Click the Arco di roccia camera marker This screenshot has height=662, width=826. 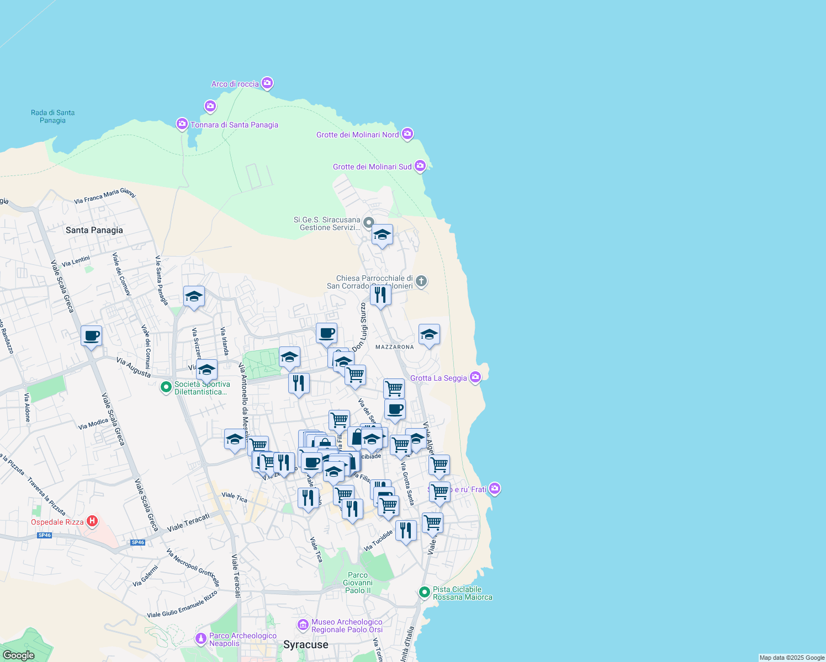tap(267, 83)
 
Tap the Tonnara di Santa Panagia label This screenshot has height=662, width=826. tap(234, 125)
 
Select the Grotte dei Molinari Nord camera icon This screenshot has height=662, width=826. tap(407, 134)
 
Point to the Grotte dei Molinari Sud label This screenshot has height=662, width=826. tap(372, 167)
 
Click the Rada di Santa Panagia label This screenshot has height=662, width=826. tap(52, 116)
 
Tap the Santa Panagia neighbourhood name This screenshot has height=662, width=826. tap(94, 230)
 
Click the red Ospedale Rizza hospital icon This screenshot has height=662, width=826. tap(92, 521)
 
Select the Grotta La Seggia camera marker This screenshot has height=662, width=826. tap(475, 377)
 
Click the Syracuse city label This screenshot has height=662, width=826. tap(305, 644)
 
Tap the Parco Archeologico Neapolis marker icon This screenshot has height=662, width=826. tap(201, 639)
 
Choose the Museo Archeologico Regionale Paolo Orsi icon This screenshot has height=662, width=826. tap(303, 625)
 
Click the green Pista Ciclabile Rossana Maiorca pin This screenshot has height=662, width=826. tap(424, 592)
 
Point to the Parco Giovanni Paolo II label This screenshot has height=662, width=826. tap(358, 583)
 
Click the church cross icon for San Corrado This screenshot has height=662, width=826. tap(421, 281)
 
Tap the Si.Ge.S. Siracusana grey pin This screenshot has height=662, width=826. tap(368, 223)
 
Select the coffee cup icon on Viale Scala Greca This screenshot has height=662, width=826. tap(91, 335)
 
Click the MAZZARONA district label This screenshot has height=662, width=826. tap(394, 347)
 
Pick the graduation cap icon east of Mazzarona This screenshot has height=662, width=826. tap(429, 334)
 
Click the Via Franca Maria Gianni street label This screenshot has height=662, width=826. tap(104, 196)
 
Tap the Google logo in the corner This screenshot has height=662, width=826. tap(18, 655)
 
